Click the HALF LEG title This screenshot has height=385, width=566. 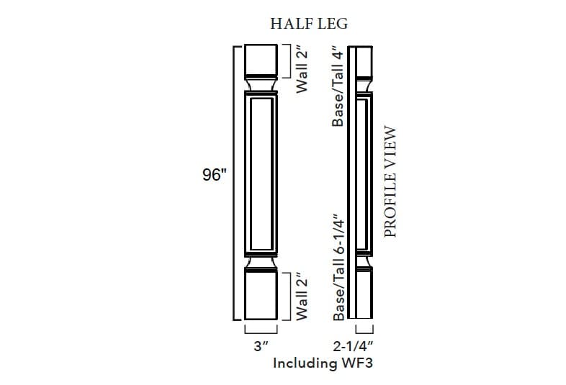click(x=309, y=23)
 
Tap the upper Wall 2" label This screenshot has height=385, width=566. click(x=302, y=68)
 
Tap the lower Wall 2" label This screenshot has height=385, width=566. click(x=302, y=296)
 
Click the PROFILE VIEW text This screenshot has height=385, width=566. click(x=391, y=181)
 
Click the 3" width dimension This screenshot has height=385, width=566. click(x=261, y=345)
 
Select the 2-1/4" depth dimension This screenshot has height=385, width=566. click(x=359, y=345)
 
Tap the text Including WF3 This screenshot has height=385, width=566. click(x=322, y=363)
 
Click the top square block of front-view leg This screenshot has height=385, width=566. click(x=261, y=60)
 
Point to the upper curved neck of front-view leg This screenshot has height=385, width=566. click(x=261, y=86)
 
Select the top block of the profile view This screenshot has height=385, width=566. click(x=362, y=61)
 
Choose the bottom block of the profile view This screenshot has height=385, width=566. click(x=362, y=295)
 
